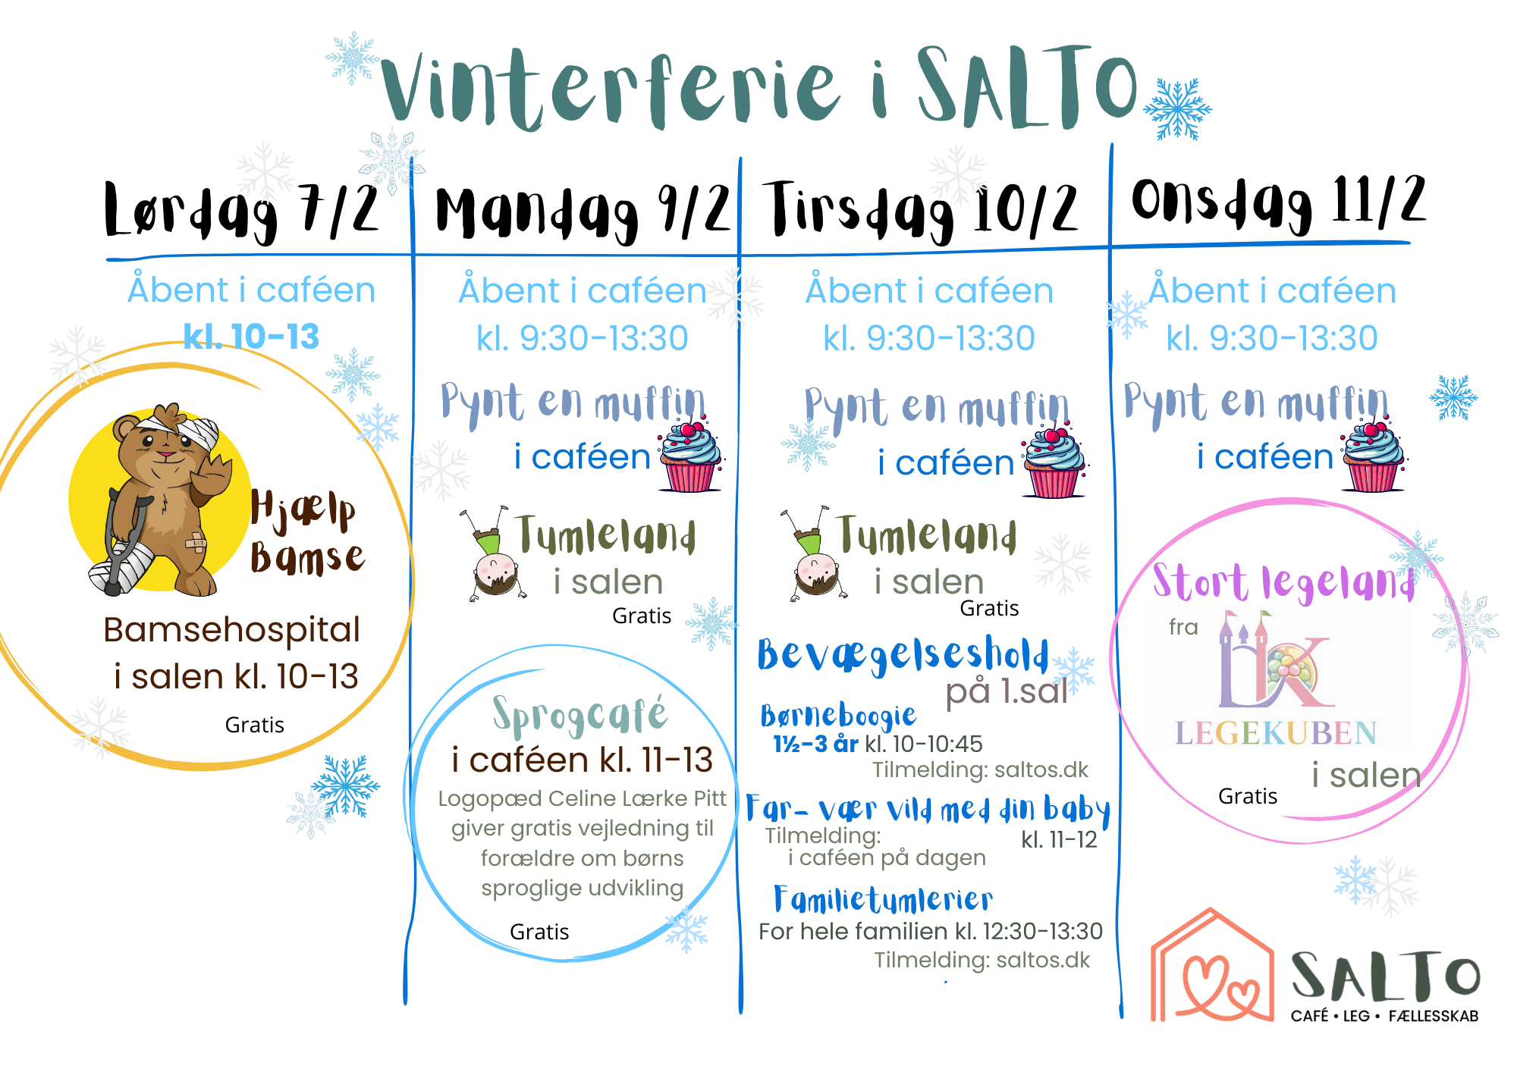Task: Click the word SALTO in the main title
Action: [1028, 87]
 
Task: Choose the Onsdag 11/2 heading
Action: [1279, 202]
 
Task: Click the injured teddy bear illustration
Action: [160, 500]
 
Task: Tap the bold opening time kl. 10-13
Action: [251, 337]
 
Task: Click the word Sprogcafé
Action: [580, 715]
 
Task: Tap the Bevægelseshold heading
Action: [903, 655]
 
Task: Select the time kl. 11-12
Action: [1059, 840]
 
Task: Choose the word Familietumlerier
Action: [883, 900]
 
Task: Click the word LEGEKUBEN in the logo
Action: [1276, 733]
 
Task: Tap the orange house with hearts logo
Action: [1212, 966]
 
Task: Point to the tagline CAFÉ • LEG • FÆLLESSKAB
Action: [1385, 1016]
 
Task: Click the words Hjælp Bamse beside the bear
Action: [307, 532]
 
